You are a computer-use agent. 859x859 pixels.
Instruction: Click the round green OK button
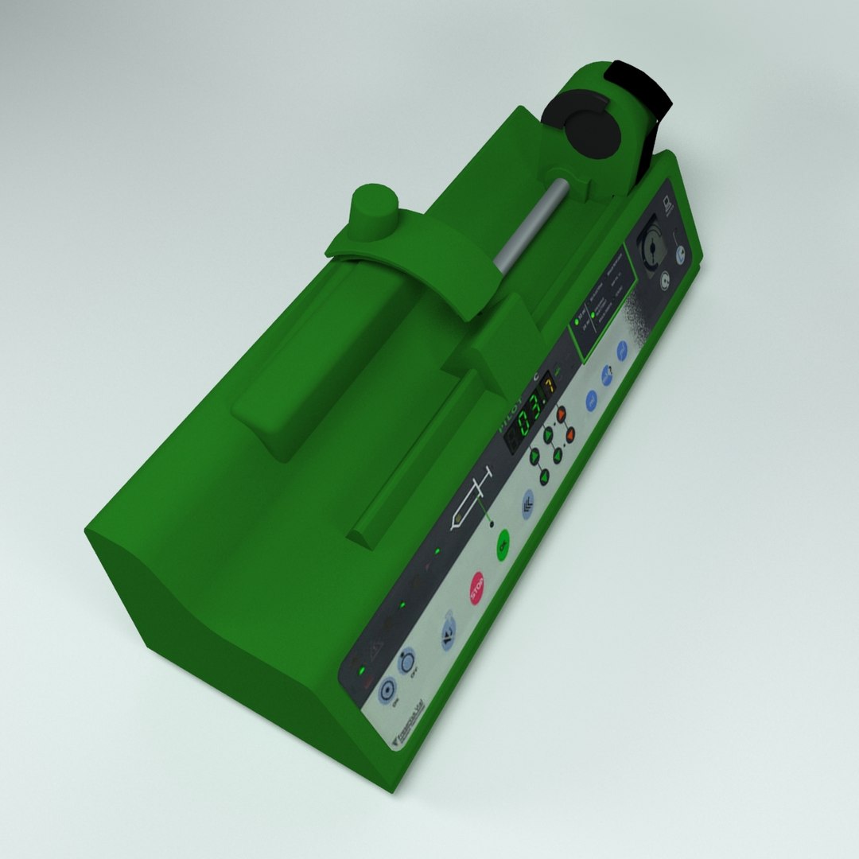click(502, 546)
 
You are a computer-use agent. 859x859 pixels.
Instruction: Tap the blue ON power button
click(387, 690)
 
